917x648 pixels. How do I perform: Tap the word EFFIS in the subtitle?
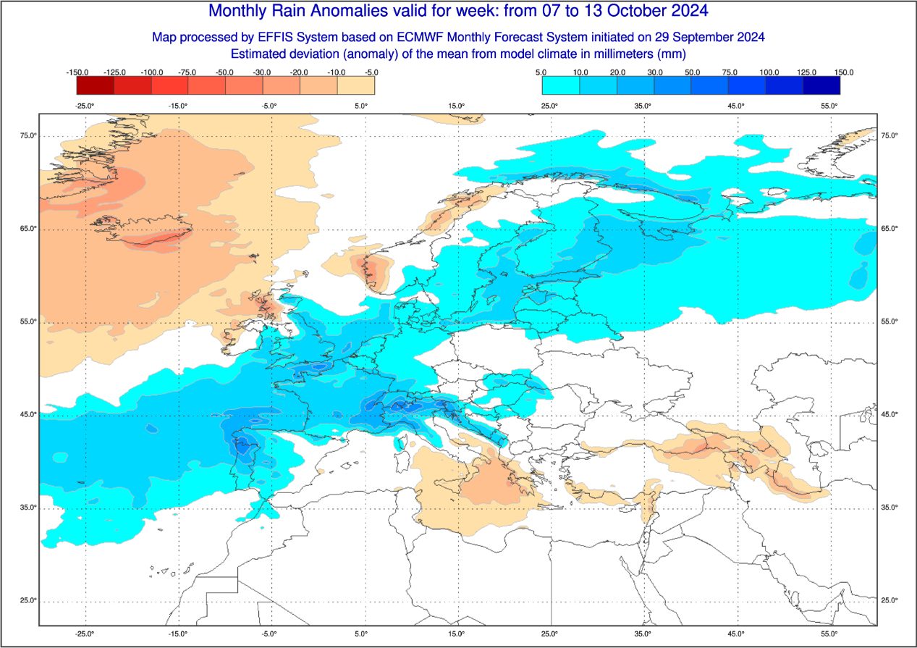coord(275,37)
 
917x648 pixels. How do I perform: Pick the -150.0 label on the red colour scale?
coord(77,72)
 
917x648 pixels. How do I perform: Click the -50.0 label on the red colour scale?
coord(225,72)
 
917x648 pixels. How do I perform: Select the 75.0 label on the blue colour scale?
coord(730,72)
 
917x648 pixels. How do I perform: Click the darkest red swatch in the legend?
coord(96,85)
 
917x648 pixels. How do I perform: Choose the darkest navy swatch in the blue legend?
coord(821,85)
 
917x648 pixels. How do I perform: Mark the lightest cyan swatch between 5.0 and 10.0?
coord(561,85)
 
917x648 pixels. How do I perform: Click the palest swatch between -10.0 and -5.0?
coord(356,85)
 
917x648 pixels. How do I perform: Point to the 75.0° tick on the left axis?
coord(28,136)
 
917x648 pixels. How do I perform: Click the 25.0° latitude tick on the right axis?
coord(888,600)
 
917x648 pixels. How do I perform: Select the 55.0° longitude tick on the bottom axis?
coord(829,634)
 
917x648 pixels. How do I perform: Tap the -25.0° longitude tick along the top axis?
coord(85,106)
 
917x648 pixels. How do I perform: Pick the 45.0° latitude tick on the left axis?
coord(28,414)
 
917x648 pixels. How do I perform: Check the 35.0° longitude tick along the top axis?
coord(643,106)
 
